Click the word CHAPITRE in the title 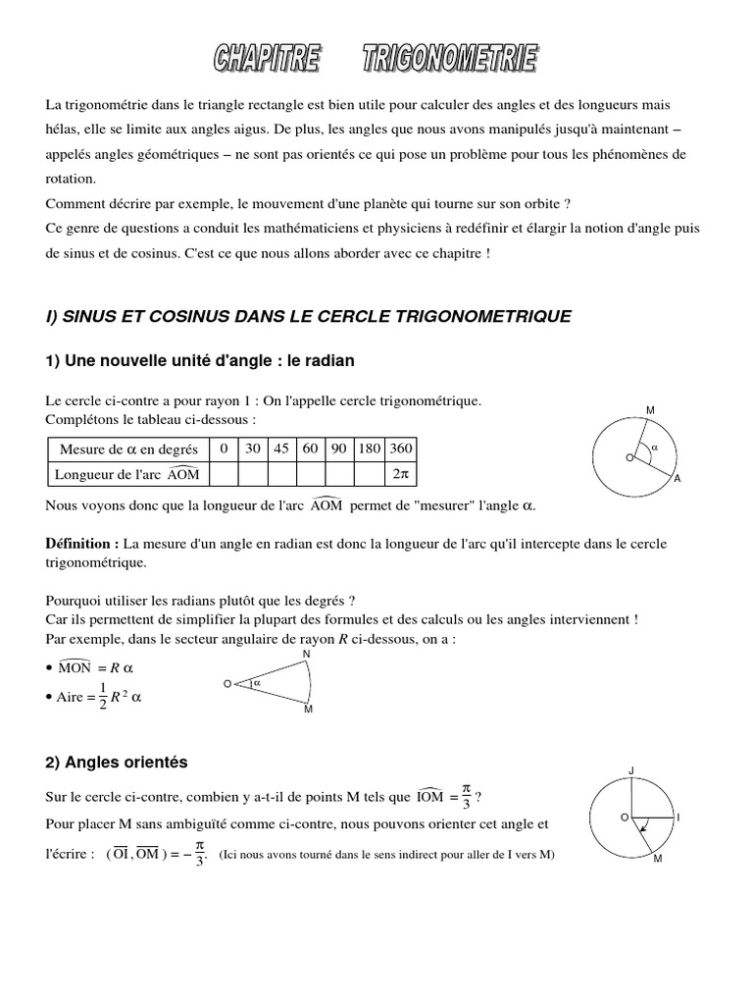click(x=267, y=61)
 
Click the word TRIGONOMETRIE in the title click(x=450, y=61)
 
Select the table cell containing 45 click(x=281, y=449)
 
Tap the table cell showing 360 click(x=401, y=449)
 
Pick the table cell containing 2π click(x=401, y=474)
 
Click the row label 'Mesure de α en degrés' click(x=128, y=450)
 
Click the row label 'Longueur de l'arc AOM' click(x=128, y=474)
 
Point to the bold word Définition click(x=81, y=543)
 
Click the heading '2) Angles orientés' click(x=117, y=762)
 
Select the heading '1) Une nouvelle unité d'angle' click(x=200, y=361)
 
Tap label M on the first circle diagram click(x=650, y=409)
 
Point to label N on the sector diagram click(x=307, y=654)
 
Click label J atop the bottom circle click(x=631, y=770)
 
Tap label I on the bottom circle click(x=678, y=817)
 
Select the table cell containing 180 click(x=370, y=449)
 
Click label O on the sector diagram click(x=227, y=683)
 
